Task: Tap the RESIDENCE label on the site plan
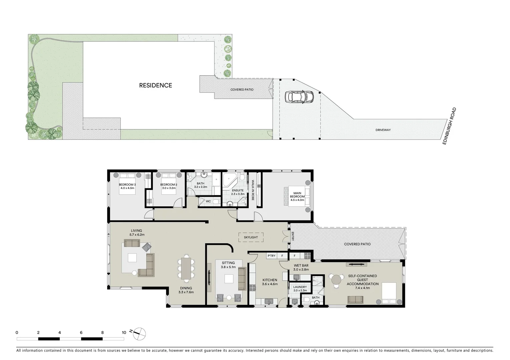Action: pyautogui.click(x=155, y=85)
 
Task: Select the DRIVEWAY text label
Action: pyautogui.click(x=383, y=130)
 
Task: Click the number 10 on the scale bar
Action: pyautogui.click(x=124, y=332)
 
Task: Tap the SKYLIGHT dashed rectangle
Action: pyautogui.click(x=251, y=237)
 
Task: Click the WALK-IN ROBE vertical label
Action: pyautogui.click(x=252, y=190)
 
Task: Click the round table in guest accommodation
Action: pyautogui.click(x=336, y=279)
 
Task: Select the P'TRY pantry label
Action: pyautogui.click(x=272, y=256)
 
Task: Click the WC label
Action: pyautogui.click(x=208, y=201)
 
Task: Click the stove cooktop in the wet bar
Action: pyautogui.click(x=307, y=256)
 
